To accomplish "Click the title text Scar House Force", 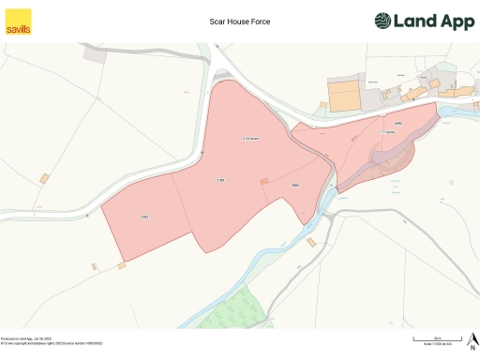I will [240, 19].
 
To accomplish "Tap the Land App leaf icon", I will [384, 21].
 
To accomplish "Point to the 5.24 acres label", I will [249, 139].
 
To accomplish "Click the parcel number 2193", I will [221, 179].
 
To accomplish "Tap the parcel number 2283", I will [144, 217].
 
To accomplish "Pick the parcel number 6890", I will [397, 124].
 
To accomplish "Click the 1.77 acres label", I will [386, 132].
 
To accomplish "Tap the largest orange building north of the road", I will [343, 96].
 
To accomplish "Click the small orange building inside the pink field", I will [263, 181].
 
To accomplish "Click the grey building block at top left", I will [96, 53].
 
